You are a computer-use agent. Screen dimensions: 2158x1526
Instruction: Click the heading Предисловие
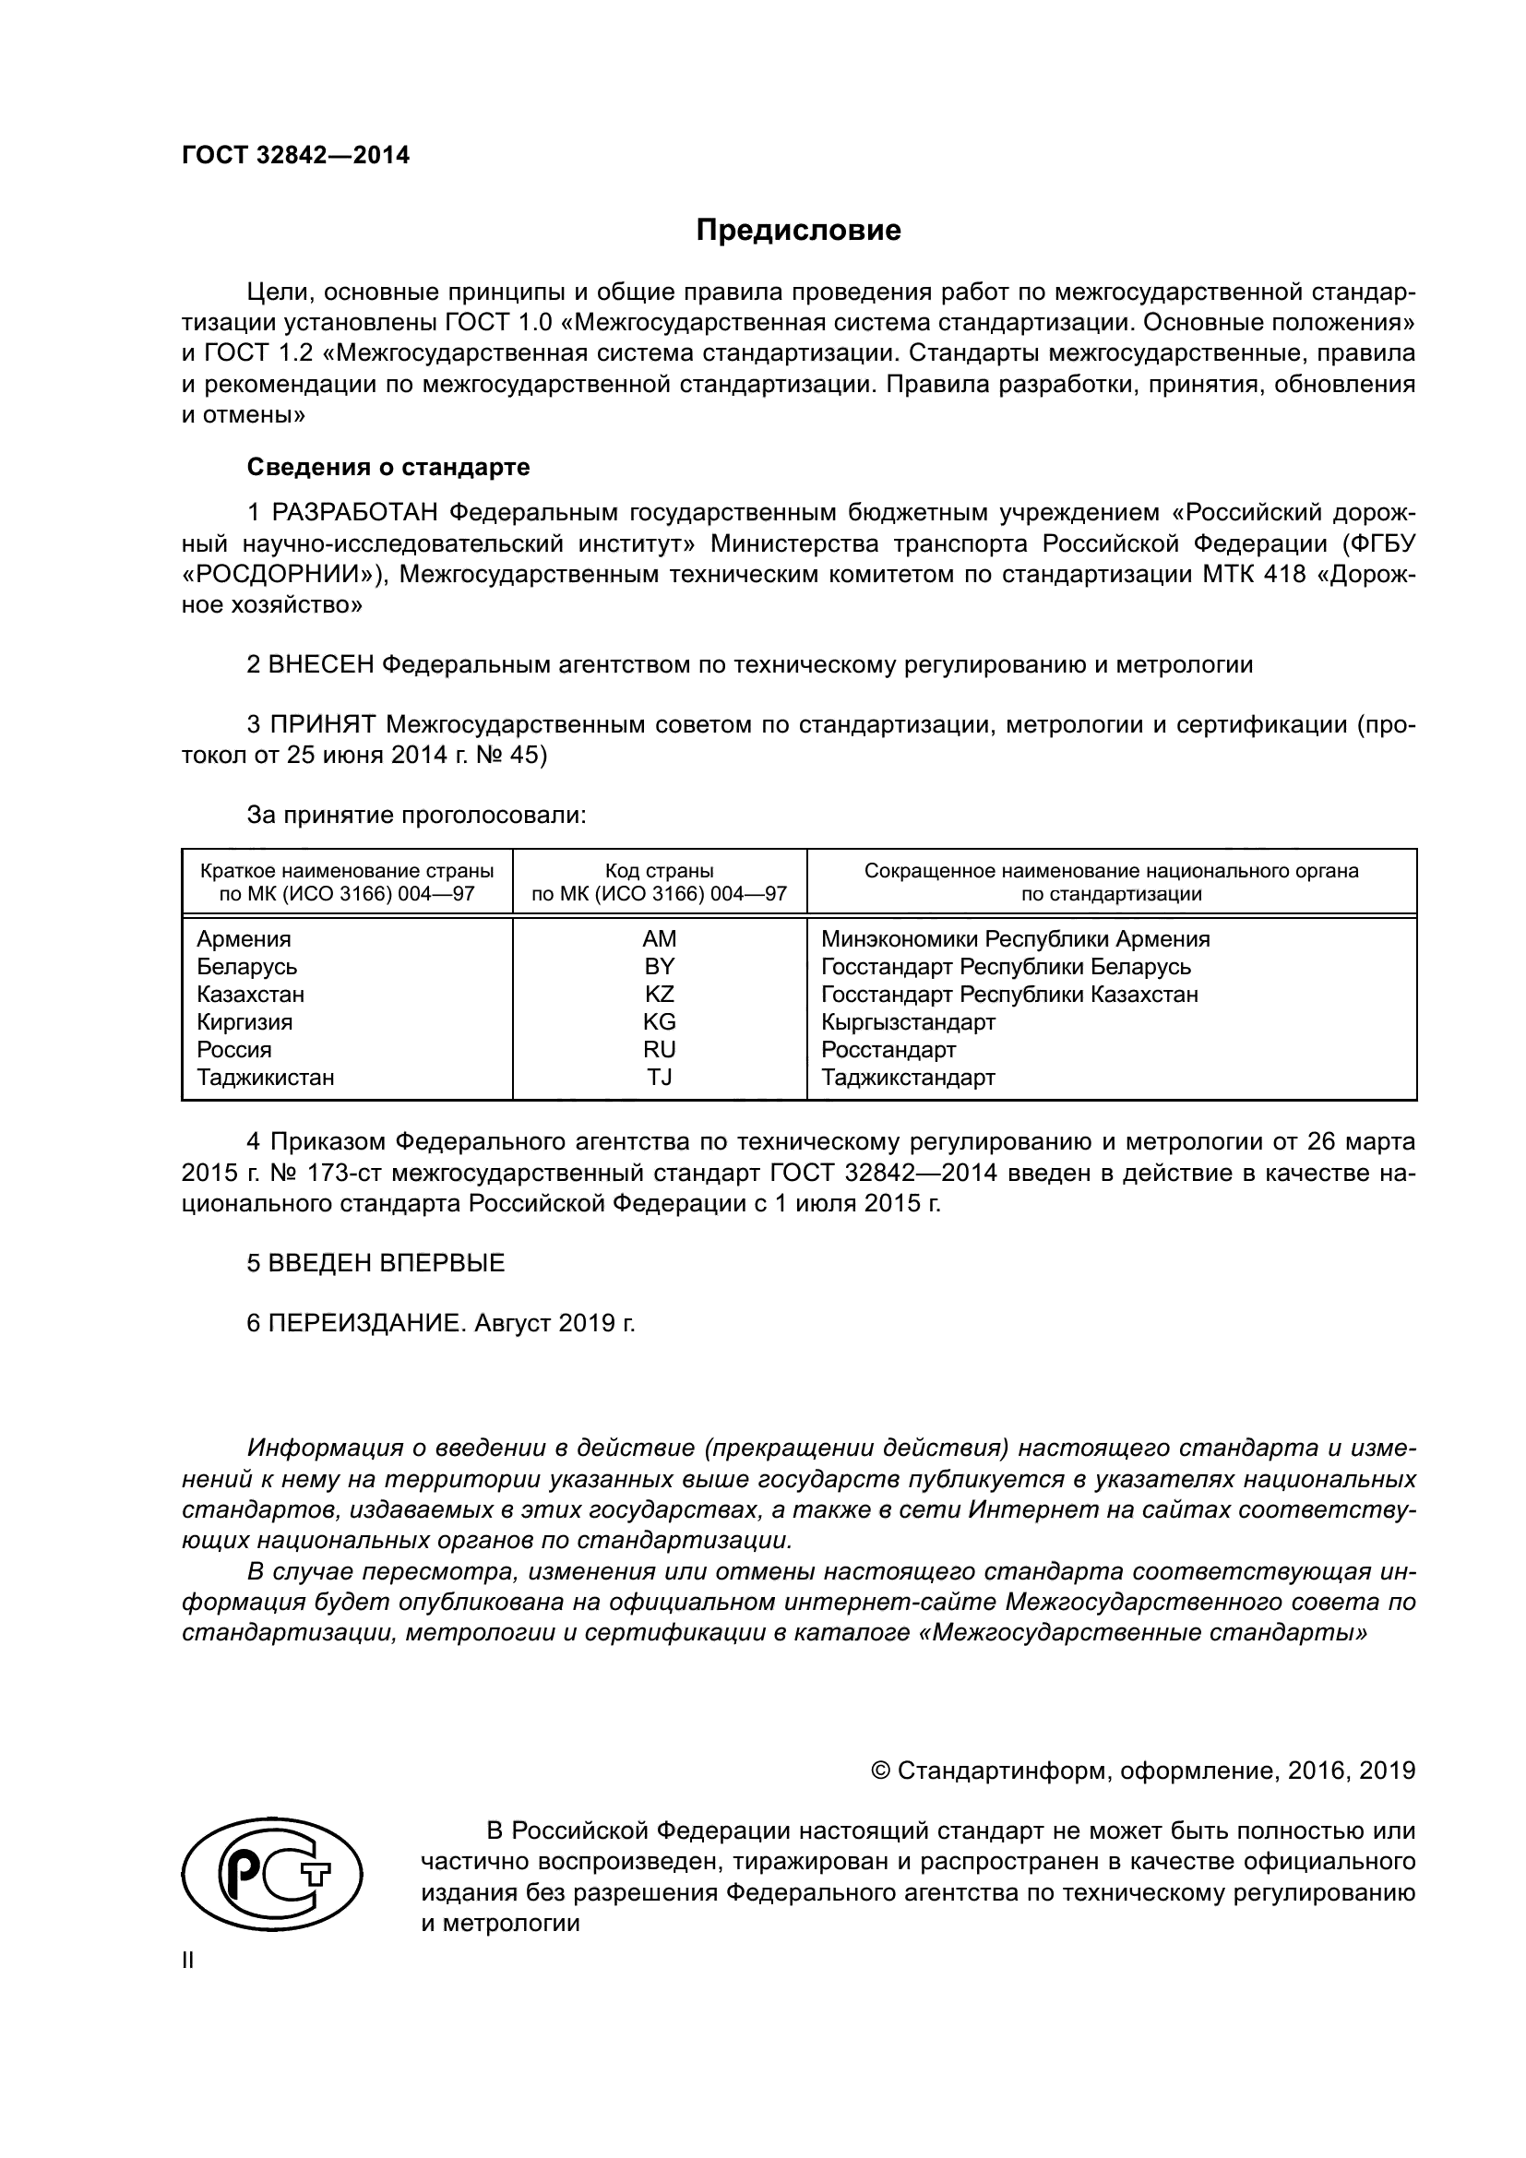point(798,231)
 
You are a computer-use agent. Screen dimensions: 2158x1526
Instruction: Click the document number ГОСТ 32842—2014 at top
point(295,156)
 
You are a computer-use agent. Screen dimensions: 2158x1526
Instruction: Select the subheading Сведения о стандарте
point(388,467)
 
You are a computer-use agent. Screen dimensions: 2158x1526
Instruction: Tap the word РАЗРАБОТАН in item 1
point(355,513)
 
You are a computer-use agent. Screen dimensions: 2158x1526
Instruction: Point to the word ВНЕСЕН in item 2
point(320,665)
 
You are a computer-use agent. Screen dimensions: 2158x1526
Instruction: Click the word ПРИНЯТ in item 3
point(323,724)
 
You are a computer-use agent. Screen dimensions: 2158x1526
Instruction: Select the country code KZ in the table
point(659,995)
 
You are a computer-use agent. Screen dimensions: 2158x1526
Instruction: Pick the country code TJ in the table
point(659,1077)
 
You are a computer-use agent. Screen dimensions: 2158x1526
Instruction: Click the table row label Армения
point(244,939)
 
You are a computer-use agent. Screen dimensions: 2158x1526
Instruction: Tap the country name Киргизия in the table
point(244,1021)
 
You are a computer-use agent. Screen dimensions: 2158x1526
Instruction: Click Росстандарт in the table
point(888,1050)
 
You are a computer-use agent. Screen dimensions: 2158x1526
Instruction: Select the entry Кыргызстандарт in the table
point(908,1021)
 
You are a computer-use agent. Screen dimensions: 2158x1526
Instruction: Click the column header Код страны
point(659,871)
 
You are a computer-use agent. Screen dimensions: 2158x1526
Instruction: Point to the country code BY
point(659,966)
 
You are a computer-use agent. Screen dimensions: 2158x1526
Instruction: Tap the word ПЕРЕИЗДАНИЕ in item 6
point(366,1323)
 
